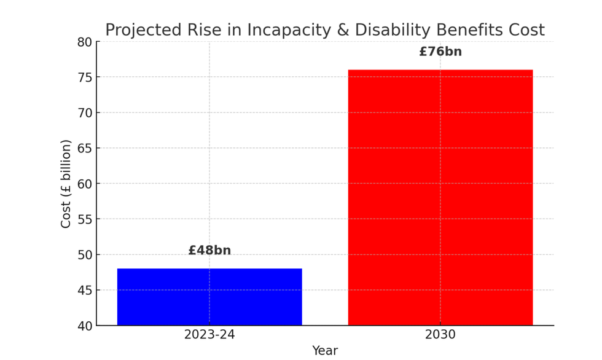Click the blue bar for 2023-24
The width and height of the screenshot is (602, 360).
[x=209, y=297]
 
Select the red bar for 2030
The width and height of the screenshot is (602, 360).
[x=440, y=197]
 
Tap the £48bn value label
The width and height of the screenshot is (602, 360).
[x=209, y=251]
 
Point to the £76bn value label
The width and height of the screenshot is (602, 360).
[x=440, y=52]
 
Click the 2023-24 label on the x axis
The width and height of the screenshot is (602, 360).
[x=209, y=335]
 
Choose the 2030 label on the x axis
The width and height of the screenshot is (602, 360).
[x=440, y=335]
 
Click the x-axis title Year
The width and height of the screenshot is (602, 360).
[x=324, y=351]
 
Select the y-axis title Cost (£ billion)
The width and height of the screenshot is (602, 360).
[x=66, y=184]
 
